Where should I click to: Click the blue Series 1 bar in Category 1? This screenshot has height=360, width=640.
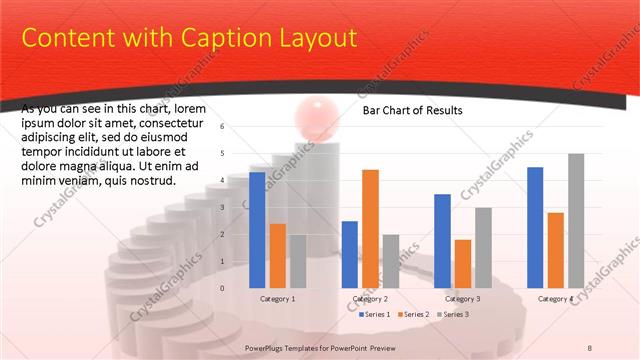point(257,230)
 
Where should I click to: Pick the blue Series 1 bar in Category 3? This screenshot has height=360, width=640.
point(442,240)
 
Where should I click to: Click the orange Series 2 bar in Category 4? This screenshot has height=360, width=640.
point(555,250)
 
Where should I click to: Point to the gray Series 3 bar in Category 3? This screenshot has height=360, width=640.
point(483,247)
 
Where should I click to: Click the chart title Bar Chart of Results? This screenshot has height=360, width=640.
point(412,111)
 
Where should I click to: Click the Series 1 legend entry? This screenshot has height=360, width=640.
point(374,314)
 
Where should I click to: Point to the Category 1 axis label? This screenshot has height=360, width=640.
point(278,298)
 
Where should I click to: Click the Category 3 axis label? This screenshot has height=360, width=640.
point(462,298)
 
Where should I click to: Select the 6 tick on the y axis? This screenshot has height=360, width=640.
point(222,127)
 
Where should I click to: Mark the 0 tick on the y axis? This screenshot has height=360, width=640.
point(222,288)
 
